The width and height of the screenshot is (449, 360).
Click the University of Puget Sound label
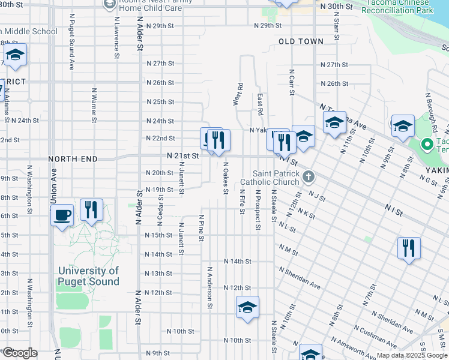(88, 277)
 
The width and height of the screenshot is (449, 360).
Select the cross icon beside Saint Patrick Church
(309, 176)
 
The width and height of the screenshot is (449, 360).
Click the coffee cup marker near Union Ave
(62, 215)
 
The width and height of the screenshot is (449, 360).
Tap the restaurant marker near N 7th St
(409, 248)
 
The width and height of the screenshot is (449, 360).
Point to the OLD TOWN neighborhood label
(301, 41)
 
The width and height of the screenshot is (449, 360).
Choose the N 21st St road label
(182, 155)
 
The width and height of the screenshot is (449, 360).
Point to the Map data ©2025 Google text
(412, 355)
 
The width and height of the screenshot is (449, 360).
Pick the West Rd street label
(240, 94)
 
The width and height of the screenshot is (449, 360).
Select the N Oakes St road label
(226, 178)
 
